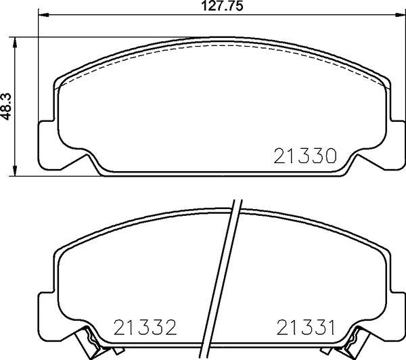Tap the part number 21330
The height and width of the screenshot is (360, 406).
click(x=305, y=156)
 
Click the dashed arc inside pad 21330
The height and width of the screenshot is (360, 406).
click(x=223, y=47)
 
